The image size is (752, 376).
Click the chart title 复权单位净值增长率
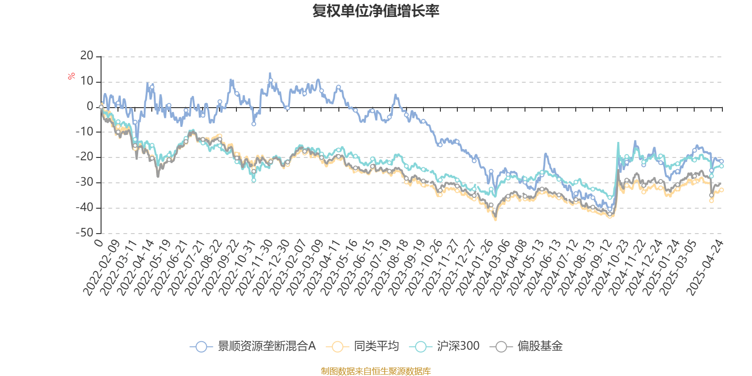376,11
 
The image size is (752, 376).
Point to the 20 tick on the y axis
87,56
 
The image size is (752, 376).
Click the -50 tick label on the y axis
85,233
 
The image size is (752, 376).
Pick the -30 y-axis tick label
85,182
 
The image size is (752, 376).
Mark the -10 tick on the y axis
85,132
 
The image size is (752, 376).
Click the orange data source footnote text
376,371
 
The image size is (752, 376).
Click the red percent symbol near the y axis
71,76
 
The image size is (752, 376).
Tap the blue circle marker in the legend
201,347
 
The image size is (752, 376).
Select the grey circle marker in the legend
501,347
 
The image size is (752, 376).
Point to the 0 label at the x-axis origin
98,243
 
